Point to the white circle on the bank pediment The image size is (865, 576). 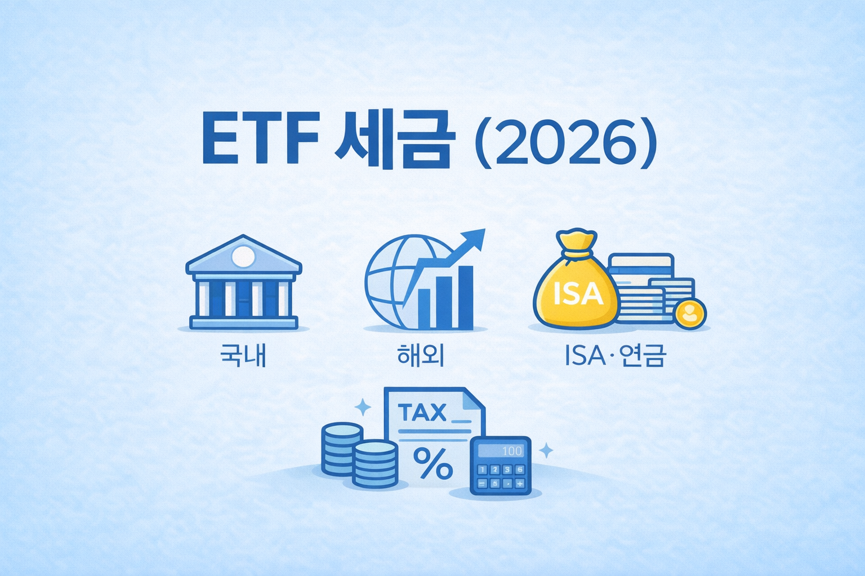click(243, 256)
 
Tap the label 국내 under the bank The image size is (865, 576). click(243, 356)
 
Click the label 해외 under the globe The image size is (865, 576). click(421, 356)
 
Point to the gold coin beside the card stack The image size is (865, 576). click(689, 313)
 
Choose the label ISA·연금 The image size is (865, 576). click(615, 356)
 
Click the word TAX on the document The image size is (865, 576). click(422, 413)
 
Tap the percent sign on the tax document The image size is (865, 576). click(432, 463)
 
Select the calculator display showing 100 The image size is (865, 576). click(501, 451)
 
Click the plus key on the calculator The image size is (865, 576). click(519, 483)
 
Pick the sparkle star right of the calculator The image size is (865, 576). click(546, 450)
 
